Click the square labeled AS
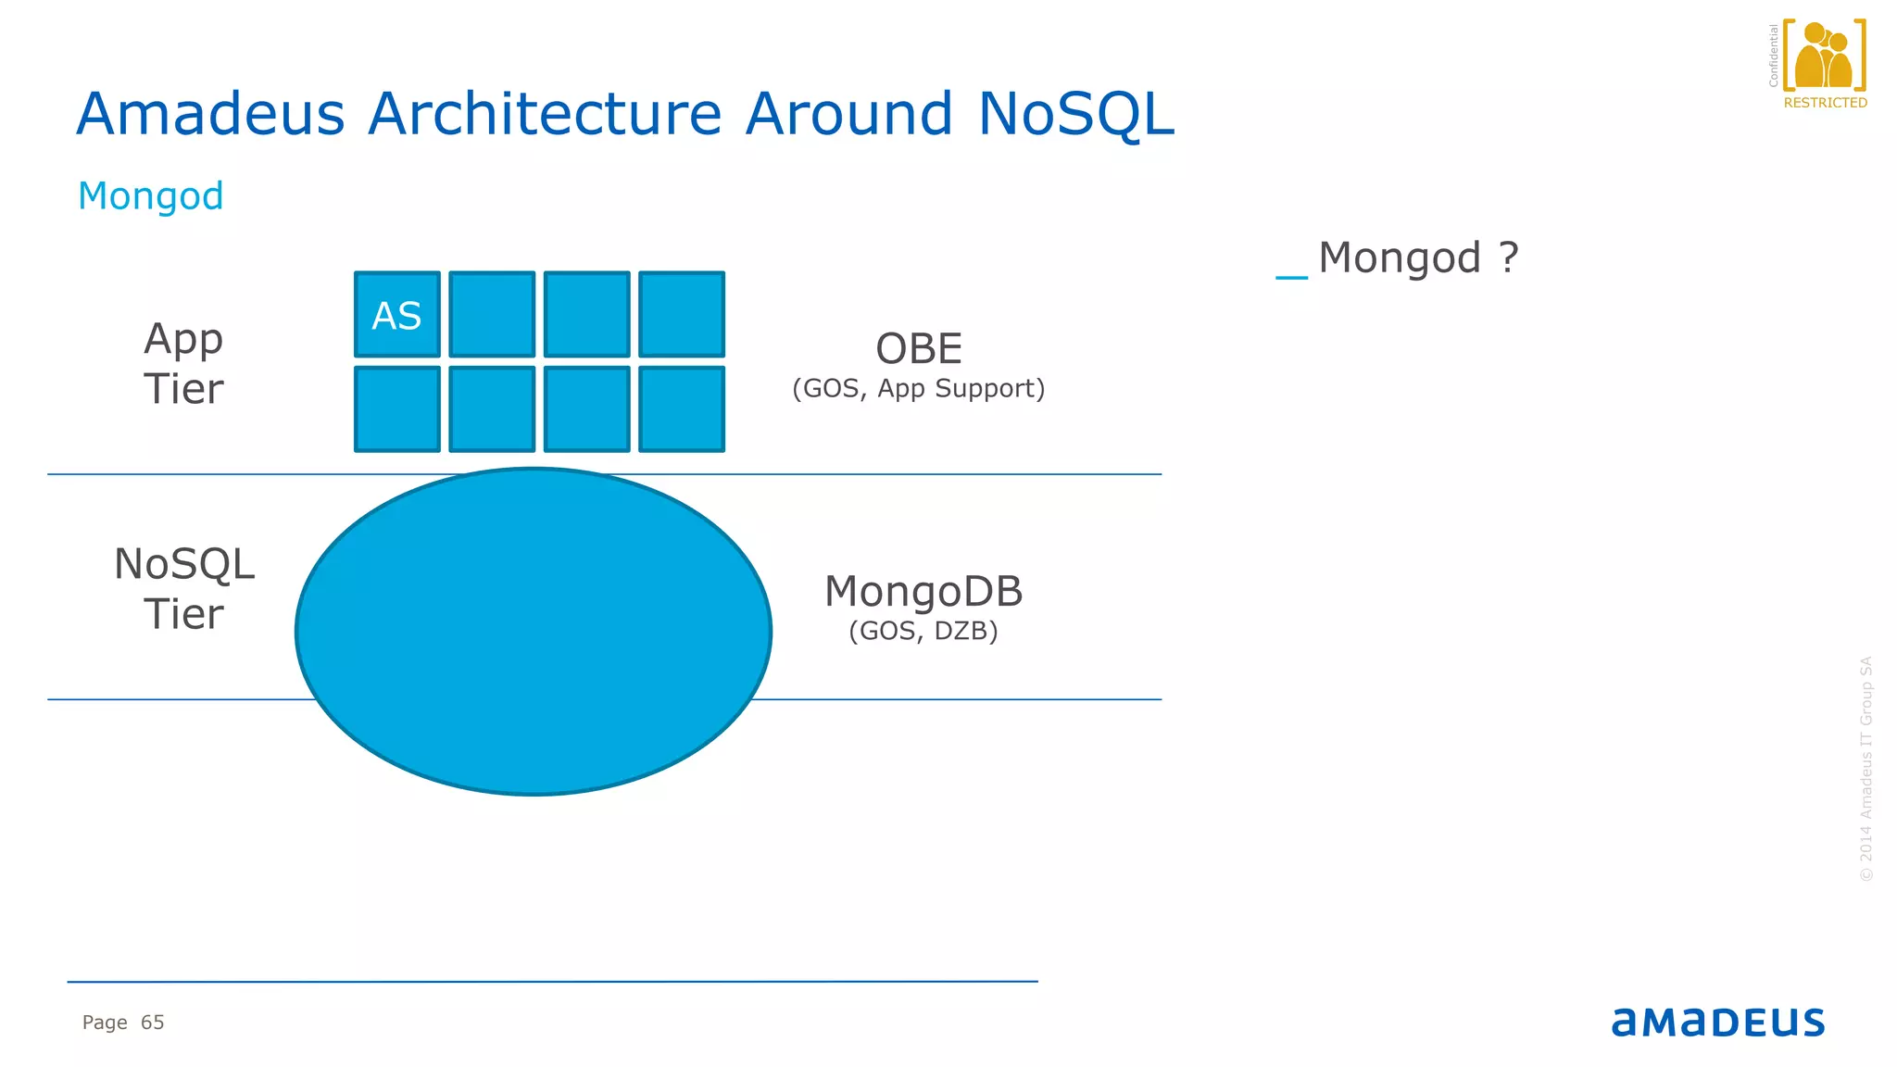pos(397,315)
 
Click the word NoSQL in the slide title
pos(1075,114)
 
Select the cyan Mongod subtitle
pos(151,196)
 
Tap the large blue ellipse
pos(534,632)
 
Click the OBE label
pos(919,349)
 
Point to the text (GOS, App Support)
pos(918,388)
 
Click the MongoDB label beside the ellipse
pos(923,591)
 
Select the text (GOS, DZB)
pos(923,631)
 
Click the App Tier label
pos(183,363)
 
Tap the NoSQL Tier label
pos(183,589)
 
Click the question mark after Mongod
pos(1508,257)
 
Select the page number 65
pos(153,1023)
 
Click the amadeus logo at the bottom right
pos(1717,1022)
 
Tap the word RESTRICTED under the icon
pos(1825,103)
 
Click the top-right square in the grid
pos(682,315)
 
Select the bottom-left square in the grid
pos(397,409)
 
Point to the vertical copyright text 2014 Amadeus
pos(1866,769)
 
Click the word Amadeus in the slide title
pos(210,114)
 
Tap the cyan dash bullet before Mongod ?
pos(1291,276)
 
